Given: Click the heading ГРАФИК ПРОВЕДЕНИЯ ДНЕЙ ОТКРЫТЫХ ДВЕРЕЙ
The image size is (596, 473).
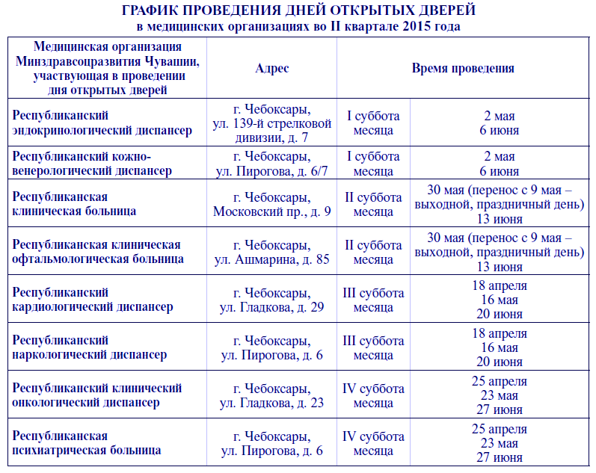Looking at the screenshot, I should click(x=298, y=10).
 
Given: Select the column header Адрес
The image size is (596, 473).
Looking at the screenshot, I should click(x=271, y=68).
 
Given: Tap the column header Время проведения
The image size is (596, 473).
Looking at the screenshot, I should click(x=463, y=68).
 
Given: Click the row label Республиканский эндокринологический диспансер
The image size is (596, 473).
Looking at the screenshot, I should click(x=102, y=123).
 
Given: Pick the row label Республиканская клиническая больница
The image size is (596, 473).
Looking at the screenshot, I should click(x=74, y=203).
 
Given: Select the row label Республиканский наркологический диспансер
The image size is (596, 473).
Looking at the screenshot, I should click(x=89, y=347).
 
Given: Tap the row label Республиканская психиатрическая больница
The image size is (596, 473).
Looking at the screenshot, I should click(x=86, y=443).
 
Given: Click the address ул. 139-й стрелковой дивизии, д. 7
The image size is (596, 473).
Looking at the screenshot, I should click(x=271, y=130).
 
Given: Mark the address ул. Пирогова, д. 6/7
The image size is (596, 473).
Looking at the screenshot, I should click(x=271, y=171).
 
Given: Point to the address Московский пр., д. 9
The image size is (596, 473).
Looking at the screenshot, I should click(x=271, y=211).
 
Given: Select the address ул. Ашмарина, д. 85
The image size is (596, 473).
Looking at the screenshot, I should click(x=271, y=259).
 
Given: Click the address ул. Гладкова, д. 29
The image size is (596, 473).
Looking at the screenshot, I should click(x=271, y=307).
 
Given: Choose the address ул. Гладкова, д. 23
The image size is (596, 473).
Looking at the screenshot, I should click(x=271, y=403).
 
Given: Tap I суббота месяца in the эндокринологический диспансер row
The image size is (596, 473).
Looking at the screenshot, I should click(x=373, y=123).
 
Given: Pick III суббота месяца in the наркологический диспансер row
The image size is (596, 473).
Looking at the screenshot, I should click(x=373, y=347).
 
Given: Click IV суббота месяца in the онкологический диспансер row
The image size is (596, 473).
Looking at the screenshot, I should click(x=373, y=395).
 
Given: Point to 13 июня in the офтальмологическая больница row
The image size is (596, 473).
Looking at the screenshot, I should click(x=499, y=267).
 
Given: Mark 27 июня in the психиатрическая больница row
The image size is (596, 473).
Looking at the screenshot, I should click(x=499, y=458).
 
